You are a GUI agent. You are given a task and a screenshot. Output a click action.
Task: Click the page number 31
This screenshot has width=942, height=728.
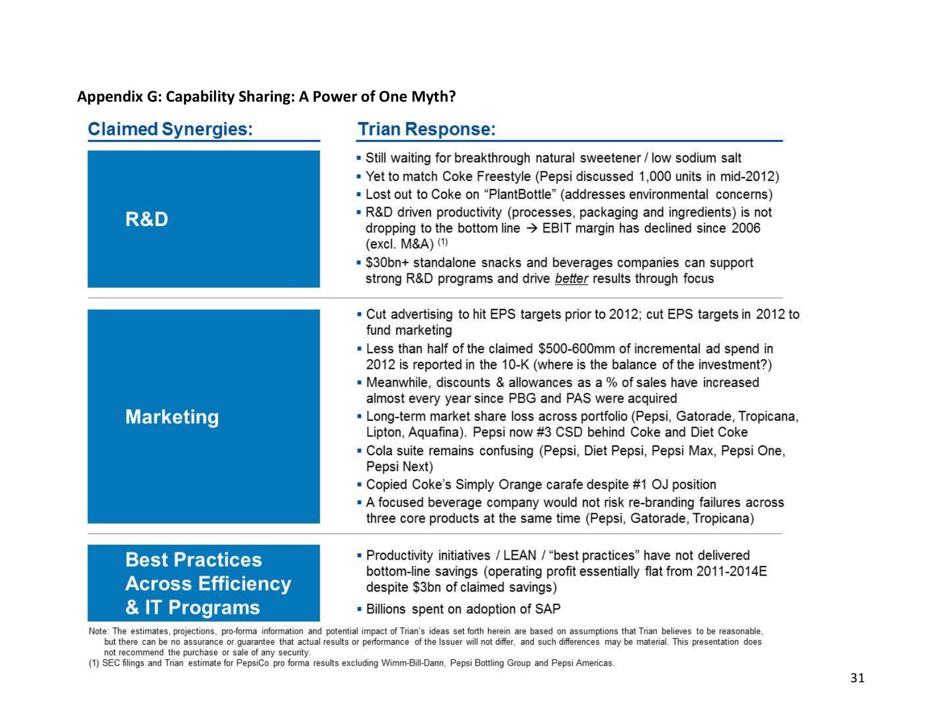click(x=857, y=678)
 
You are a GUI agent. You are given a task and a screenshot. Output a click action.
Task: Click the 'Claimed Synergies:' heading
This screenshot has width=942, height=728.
click(x=170, y=129)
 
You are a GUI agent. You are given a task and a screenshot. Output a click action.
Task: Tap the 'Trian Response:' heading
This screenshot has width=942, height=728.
click(x=426, y=129)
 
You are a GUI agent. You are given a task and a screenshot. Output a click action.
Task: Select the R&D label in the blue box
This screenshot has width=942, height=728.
click(x=147, y=219)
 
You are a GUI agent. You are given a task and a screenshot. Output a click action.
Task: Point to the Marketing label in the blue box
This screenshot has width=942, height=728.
click(x=172, y=417)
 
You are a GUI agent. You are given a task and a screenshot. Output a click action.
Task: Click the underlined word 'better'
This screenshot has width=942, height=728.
click(x=571, y=279)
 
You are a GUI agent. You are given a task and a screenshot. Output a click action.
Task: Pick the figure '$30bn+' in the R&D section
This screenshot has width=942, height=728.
click(x=387, y=263)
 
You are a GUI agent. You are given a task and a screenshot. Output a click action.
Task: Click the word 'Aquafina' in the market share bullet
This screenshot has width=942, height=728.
click(x=436, y=432)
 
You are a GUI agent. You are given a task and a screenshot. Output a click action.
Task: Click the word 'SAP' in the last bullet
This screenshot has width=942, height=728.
click(x=548, y=609)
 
